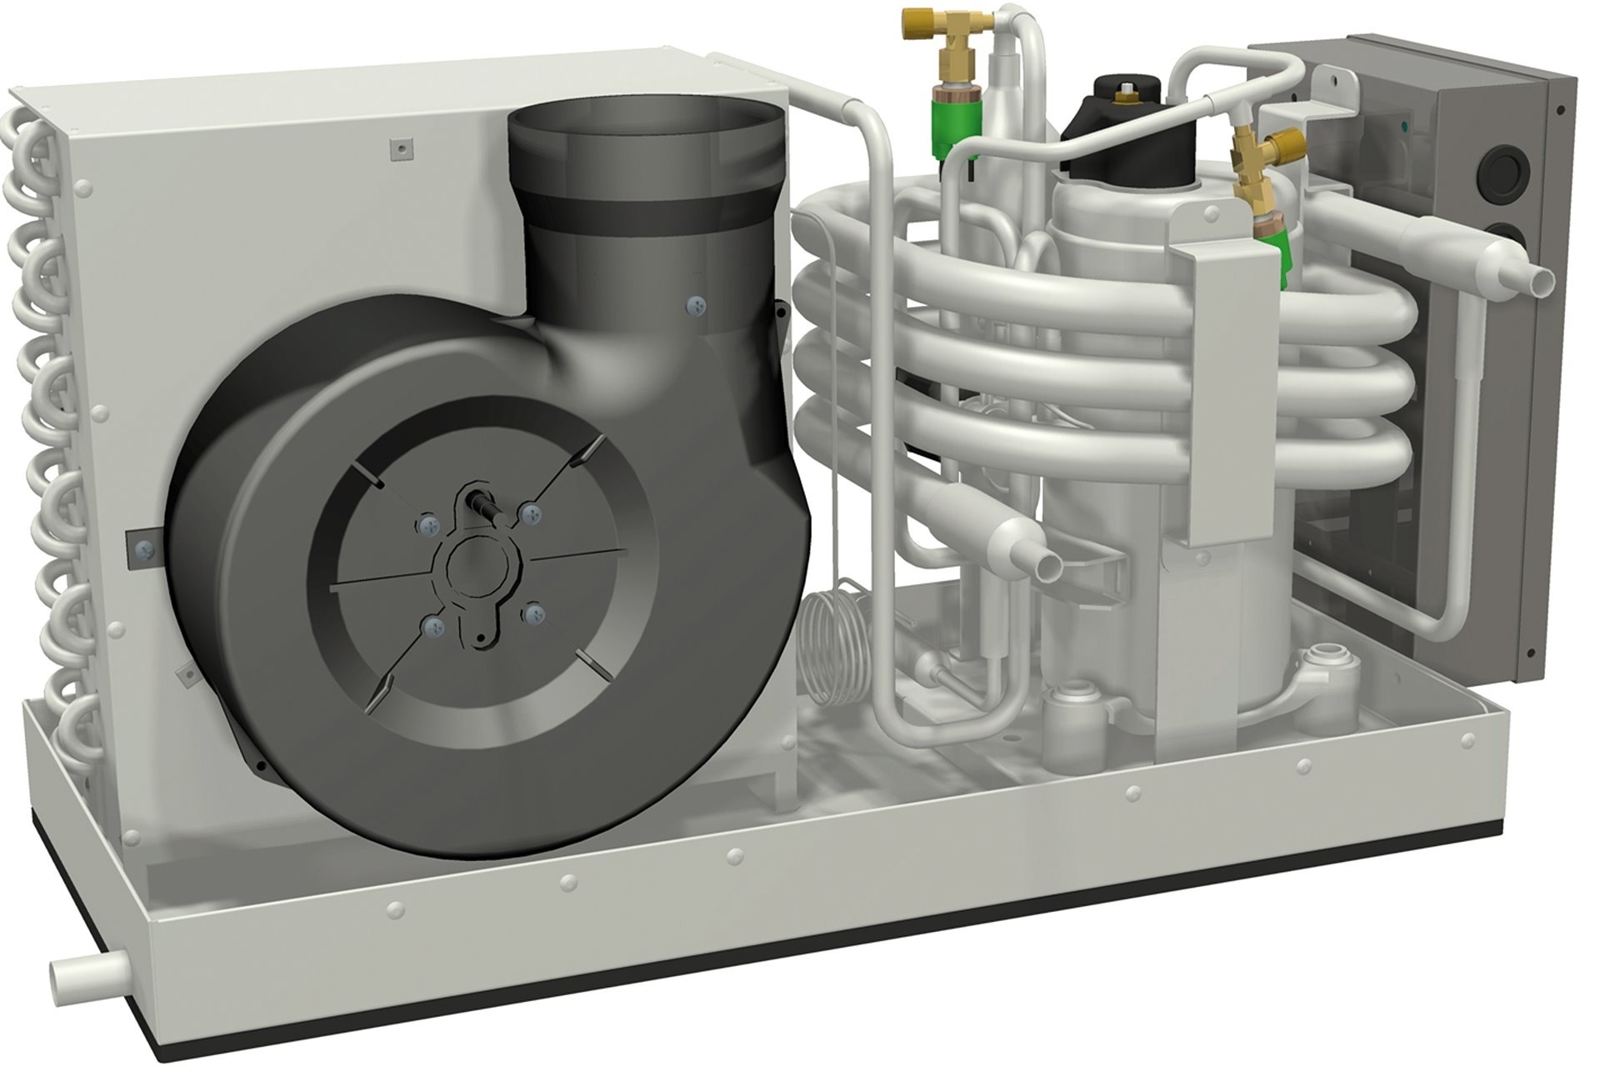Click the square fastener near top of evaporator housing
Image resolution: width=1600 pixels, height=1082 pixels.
(403, 148)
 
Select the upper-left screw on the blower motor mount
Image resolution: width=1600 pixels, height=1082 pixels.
(429, 524)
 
